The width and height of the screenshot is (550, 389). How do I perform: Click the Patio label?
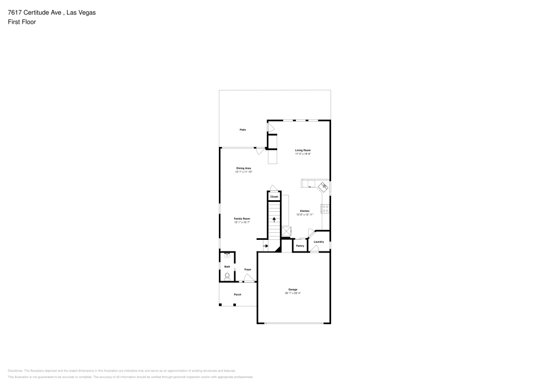point(242,129)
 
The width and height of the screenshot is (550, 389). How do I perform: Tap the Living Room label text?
point(303,150)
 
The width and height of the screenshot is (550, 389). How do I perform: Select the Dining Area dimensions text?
point(244,172)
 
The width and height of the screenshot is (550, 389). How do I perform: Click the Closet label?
point(274,196)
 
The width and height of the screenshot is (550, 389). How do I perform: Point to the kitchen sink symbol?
point(324,187)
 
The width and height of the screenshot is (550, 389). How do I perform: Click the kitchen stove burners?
point(326,209)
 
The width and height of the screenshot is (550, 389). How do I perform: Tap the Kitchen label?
point(304,211)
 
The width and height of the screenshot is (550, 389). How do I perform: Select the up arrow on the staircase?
point(274,219)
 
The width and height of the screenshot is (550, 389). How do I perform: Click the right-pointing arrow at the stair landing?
point(266,246)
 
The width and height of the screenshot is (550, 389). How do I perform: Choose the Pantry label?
point(300,245)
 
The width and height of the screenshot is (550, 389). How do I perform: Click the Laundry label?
point(318,242)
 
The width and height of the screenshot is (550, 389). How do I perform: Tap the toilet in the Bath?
point(227,276)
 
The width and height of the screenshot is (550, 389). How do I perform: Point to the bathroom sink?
point(227,255)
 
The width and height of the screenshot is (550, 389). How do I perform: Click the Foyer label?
point(248,269)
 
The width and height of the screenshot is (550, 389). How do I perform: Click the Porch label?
point(238,294)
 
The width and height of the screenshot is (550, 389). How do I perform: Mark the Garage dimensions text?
point(293,293)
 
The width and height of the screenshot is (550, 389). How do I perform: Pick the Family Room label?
point(242,218)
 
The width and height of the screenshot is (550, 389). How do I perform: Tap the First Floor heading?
point(22,21)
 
